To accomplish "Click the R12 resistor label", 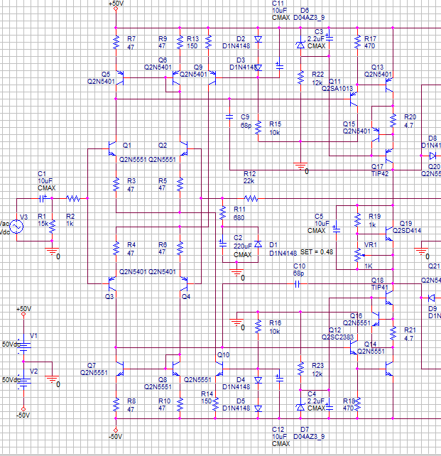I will (x=249, y=173).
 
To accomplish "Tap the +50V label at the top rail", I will (x=114, y=4).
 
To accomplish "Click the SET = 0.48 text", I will (x=317, y=252).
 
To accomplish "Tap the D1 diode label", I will (x=273, y=244).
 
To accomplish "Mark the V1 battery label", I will (x=33, y=335).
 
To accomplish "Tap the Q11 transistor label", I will (x=335, y=81).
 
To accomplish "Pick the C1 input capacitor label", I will (x=41, y=173).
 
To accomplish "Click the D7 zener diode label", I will (x=305, y=430).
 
